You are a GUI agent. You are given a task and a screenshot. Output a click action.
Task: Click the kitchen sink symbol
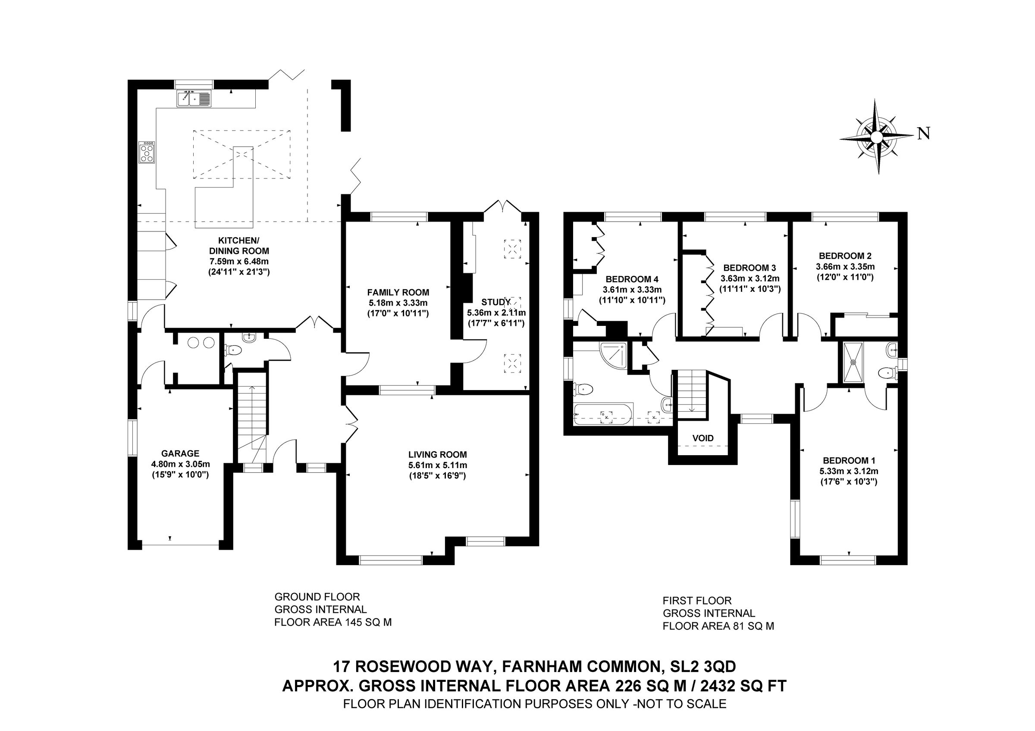[194, 99]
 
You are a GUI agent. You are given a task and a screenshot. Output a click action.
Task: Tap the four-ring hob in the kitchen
[147, 152]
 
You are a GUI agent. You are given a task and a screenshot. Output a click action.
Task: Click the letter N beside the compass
[924, 133]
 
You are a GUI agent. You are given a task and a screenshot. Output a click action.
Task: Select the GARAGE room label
[180, 453]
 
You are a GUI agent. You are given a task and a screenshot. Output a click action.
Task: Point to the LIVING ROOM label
[437, 454]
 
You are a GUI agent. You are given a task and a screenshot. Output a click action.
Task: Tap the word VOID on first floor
[703, 438]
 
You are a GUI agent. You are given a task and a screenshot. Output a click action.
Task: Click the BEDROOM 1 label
[848, 460]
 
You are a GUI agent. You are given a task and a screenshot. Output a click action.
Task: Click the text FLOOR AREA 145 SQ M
[332, 622]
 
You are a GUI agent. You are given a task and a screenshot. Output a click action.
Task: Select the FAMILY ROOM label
[398, 292]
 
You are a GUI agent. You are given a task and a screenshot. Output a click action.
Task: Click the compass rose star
[876, 136]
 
